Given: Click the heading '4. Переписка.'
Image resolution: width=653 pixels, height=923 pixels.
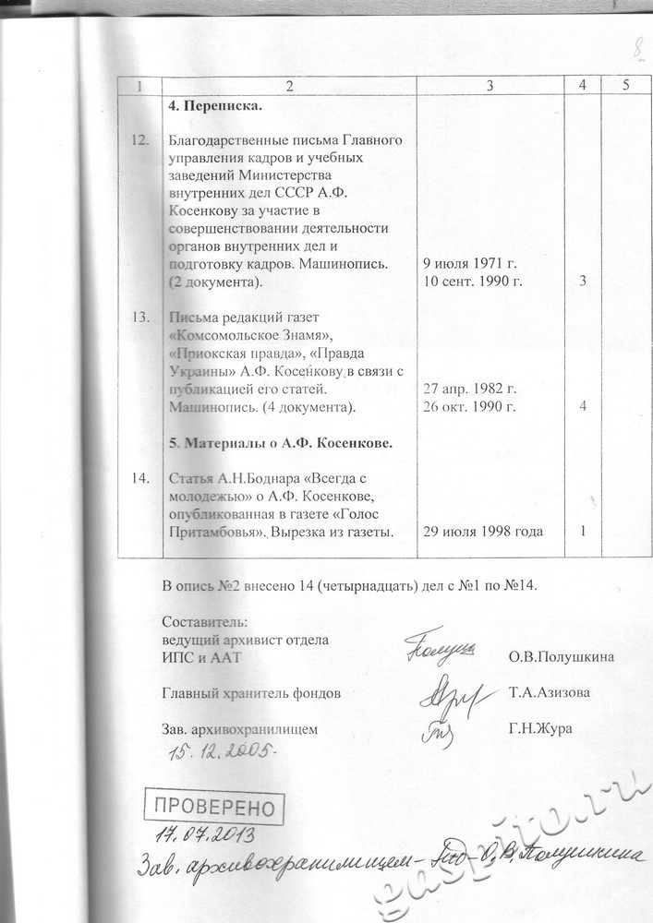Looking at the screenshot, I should [216, 105].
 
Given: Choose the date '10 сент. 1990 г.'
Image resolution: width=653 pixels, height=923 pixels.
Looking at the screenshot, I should [473, 282].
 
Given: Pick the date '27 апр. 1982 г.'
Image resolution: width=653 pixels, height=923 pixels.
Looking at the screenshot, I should [469, 389].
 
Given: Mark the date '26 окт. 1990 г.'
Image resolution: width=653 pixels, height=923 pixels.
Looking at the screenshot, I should [469, 406].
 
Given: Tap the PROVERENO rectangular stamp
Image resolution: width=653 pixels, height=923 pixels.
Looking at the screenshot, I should [214, 809].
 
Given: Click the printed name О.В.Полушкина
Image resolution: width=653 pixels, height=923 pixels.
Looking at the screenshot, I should [562, 657].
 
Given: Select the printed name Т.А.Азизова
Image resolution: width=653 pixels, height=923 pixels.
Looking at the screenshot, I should [550, 693].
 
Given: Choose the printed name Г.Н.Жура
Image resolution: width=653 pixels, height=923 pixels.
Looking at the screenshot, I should [540, 729].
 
